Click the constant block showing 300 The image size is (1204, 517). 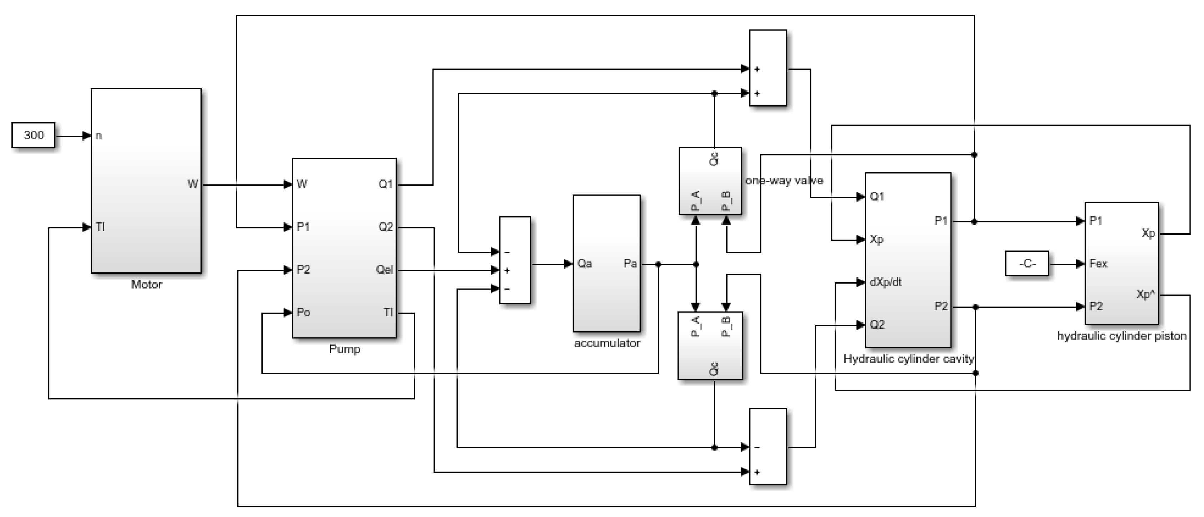(33, 135)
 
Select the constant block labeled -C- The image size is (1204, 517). (1027, 264)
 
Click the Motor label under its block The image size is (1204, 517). (146, 285)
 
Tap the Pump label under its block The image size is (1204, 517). (344, 349)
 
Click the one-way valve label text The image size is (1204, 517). (784, 181)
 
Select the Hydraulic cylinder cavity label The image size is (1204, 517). (909, 359)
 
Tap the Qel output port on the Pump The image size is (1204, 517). (385, 270)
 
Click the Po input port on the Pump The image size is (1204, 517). (303, 312)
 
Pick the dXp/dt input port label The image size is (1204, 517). (885, 282)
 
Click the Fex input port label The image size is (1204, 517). (1098, 264)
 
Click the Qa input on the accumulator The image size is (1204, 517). (584, 264)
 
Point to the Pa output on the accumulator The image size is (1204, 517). (630, 264)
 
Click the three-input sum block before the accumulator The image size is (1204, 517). (515, 260)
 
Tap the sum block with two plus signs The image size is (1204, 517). (768, 68)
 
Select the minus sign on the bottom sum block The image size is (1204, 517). (757, 448)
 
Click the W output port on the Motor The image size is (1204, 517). (193, 184)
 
